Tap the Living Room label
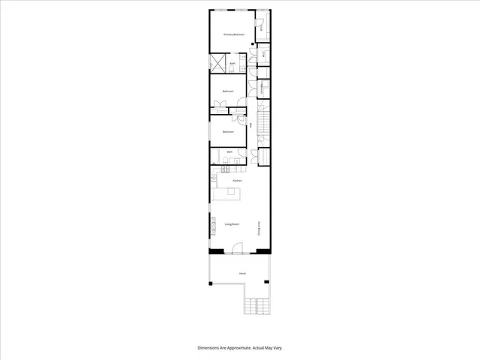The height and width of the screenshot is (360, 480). (231, 224)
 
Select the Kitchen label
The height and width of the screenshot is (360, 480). (237, 181)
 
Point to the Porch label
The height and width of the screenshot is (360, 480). (242, 274)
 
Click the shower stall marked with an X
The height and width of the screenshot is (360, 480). (219, 62)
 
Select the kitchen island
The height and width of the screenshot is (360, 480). (229, 194)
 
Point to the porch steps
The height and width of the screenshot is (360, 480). (256, 307)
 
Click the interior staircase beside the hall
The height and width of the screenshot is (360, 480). (264, 120)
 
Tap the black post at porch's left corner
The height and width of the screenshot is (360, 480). (211, 282)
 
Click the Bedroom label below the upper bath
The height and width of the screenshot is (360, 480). (229, 91)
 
